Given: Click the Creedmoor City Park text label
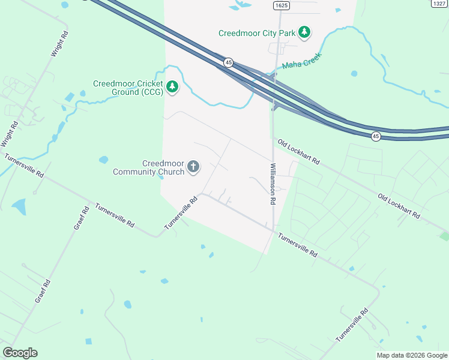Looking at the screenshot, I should point(257,33).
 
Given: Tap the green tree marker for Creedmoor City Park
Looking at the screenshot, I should point(305,32).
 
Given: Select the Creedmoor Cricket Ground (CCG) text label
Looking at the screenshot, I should point(128,88).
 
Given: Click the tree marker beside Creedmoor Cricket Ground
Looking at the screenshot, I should point(173,88).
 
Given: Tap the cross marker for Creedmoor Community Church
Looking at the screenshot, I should point(193,167).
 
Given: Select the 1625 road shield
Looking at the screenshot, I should point(281,5).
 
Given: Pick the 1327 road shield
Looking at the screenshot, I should point(439,4).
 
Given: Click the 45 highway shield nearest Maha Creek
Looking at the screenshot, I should point(228,62).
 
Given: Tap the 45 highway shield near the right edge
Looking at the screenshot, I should point(376,137).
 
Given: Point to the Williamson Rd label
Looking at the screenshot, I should point(273,184).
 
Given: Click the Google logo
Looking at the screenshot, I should point(20,352).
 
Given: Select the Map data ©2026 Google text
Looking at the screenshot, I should point(412,355).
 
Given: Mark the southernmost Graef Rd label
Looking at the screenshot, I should point(43,290).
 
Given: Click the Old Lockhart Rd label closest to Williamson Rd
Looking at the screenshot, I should point(298,153).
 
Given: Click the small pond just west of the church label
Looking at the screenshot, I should point(104,160).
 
